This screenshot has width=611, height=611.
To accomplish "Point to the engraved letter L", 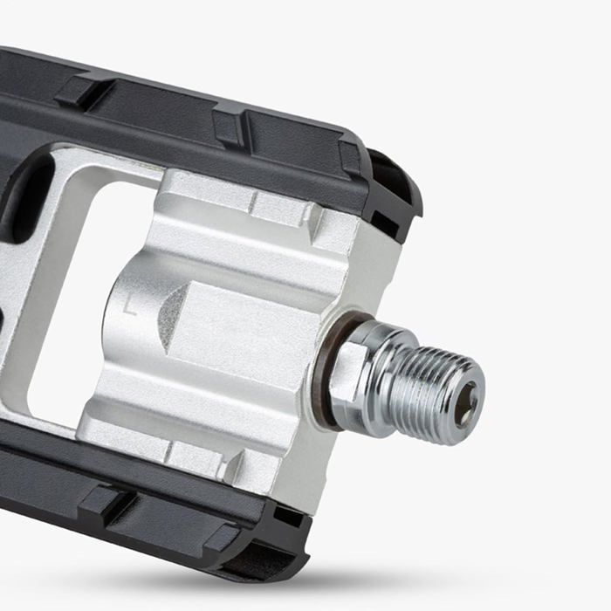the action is coord(128,306).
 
